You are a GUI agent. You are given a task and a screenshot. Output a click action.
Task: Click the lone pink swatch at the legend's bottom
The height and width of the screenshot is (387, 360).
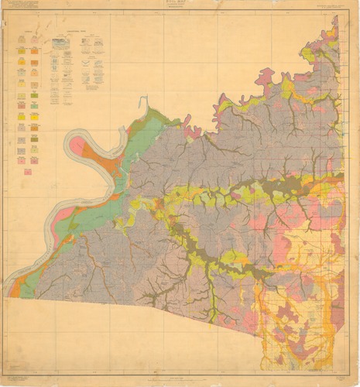28,171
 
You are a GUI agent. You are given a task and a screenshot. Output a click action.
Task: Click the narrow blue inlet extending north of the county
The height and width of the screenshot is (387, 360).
142,104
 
